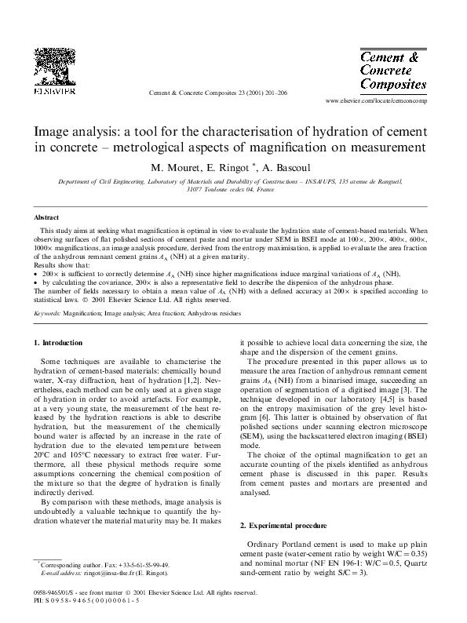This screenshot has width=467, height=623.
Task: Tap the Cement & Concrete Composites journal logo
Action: coord(392,70)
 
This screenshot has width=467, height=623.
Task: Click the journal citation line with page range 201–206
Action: coord(228,93)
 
